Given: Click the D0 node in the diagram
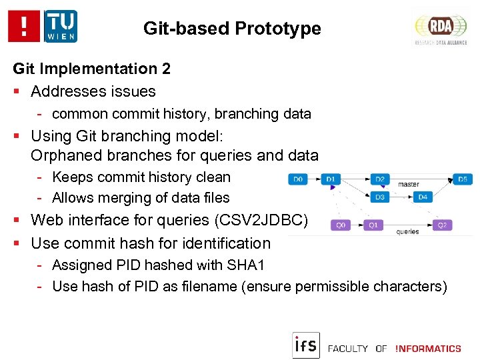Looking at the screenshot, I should click(298, 179).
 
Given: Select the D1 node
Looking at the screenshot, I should click(331, 179).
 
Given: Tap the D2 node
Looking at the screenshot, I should click(380, 179).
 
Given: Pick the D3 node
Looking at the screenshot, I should click(380, 197).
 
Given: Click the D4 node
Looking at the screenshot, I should click(422, 197).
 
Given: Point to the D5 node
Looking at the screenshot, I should click(463, 179).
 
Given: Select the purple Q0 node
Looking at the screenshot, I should click(341, 225).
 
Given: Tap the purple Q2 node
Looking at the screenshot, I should click(442, 225).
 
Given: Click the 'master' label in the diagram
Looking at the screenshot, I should click(408, 185).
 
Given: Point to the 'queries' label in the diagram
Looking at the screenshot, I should click(407, 232).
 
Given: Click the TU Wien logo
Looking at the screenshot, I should click(61, 26).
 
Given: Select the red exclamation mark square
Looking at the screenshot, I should click(25, 26).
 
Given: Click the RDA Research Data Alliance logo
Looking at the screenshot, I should click(441, 27).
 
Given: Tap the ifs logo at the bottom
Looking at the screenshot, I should click(306, 345).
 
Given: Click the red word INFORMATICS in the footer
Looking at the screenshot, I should click(428, 349).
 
